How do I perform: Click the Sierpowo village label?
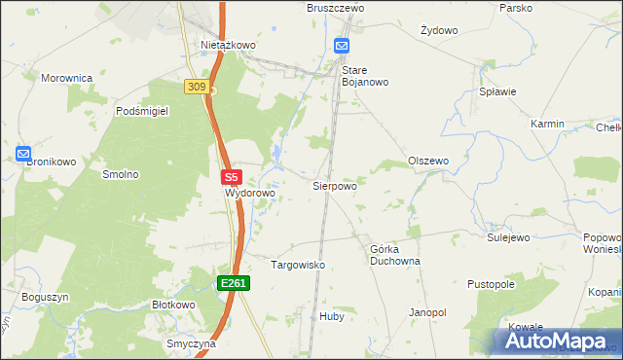click(x=334, y=185)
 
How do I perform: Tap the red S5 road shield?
click(x=231, y=178)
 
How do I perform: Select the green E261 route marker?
click(x=234, y=283)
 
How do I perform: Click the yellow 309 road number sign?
click(x=197, y=88)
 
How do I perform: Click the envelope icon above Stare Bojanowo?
click(x=342, y=46)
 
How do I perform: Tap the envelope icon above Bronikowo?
click(x=23, y=154)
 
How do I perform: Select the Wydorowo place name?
click(x=251, y=194)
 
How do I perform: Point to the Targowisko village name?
click(x=297, y=265)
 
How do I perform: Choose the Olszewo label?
click(x=427, y=161)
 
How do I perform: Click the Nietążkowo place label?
click(x=228, y=45)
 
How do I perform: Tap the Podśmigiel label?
click(x=142, y=112)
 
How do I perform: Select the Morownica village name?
click(x=66, y=77)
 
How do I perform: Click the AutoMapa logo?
click(x=555, y=342)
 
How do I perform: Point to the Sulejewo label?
click(x=507, y=236)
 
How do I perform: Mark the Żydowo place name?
click(x=439, y=30)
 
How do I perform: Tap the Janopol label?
click(x=427, y=312)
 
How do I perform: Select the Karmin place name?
click(x=548, y=125)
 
